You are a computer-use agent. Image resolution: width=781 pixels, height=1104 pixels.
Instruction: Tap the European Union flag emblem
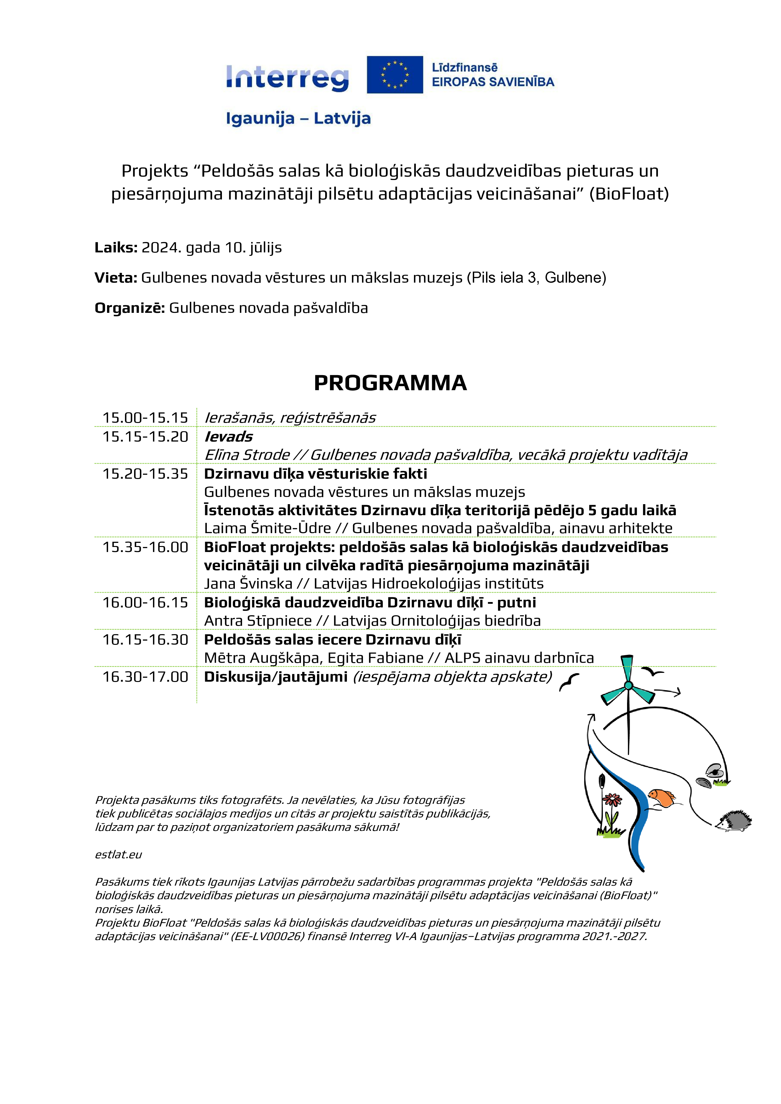394,75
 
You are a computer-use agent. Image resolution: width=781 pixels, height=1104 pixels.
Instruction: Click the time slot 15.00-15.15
145,417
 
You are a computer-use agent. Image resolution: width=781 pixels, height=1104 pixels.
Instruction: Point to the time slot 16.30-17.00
145,677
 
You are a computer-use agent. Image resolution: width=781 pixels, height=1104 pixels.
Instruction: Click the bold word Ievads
229,437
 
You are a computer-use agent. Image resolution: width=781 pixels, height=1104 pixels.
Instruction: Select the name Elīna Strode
247,455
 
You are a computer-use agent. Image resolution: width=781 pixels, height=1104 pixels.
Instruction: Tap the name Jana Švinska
248,584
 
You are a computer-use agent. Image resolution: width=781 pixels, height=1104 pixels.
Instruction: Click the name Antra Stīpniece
258,621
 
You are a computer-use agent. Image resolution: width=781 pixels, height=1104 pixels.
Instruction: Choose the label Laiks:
116,248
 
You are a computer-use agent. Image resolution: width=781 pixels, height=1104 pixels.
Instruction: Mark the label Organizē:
130,308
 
